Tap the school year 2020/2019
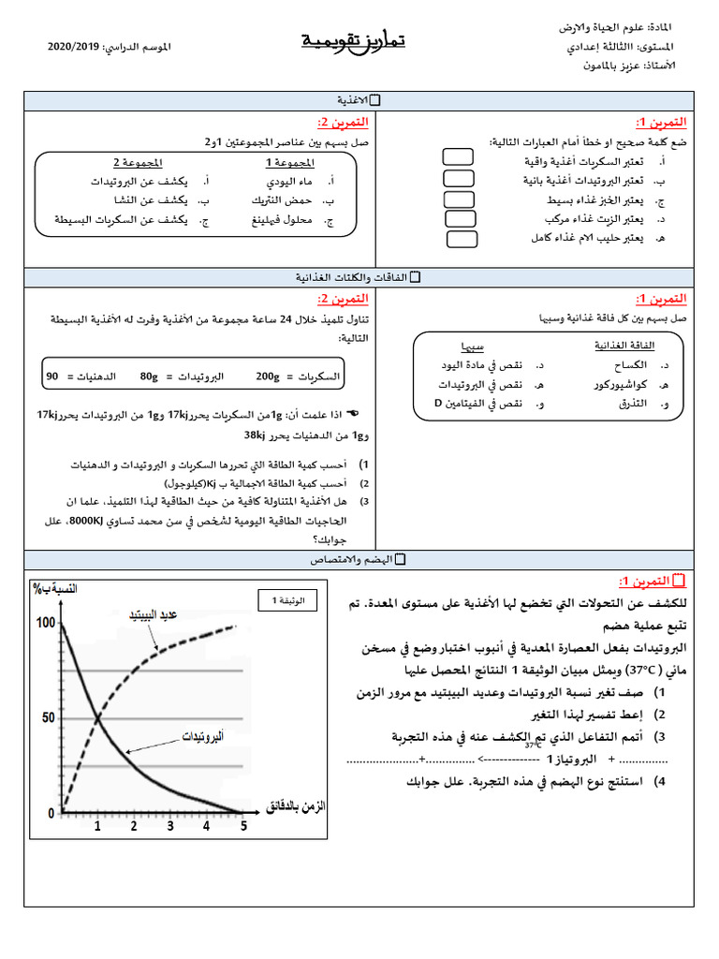point(74,46)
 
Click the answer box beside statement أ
point(459,160)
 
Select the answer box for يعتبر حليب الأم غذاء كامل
point(462,238)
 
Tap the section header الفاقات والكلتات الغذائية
point(353,278)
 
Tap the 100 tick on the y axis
point(45,623)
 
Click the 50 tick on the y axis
point(50,717)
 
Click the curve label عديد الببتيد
point(154,614)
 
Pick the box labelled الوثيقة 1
point(287,599)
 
